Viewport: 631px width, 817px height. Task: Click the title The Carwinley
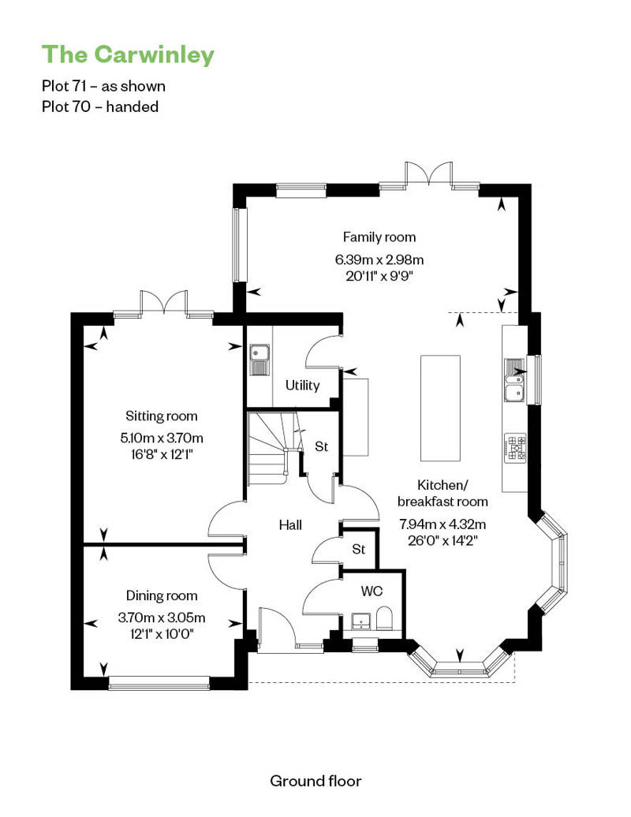point(127,54)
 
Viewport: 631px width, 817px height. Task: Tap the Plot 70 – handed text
point(100,106)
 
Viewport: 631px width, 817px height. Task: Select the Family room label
point(379,237)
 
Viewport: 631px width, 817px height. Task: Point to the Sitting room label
point(162,416)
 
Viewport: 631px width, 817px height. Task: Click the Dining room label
point(162,596)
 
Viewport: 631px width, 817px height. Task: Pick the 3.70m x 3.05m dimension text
point(162,617)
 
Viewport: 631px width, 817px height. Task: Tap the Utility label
point(302,386)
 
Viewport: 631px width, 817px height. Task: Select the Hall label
point(290,524)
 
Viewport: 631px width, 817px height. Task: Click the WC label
point(372,591)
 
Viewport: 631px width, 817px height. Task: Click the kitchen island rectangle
point(440,408)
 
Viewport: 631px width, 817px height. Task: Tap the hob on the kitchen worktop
point(515,447)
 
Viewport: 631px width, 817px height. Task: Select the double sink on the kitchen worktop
point(514,379)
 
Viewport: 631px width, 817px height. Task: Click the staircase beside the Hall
point(268,450)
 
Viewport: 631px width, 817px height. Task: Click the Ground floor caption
point(315,781)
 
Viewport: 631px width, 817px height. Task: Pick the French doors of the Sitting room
point(163,304)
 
